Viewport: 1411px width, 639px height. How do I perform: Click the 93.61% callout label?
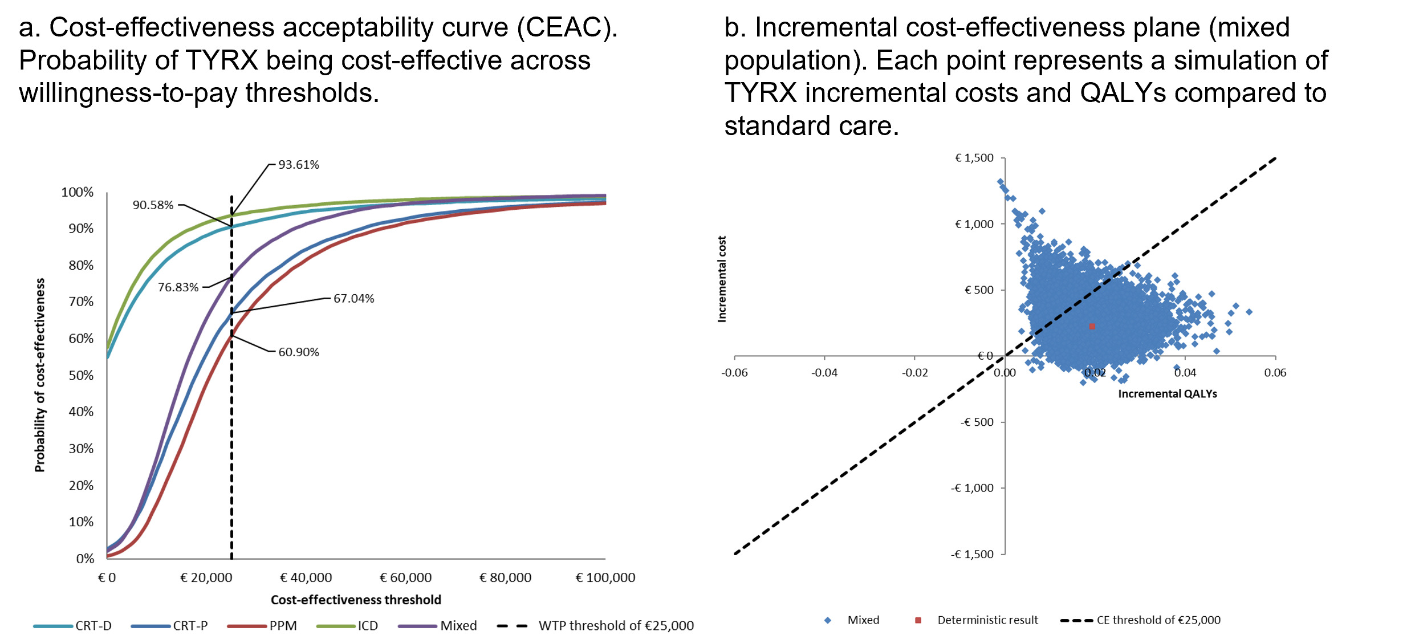(x=298, y=165)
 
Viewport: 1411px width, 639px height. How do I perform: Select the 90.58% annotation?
(x=153, y=205)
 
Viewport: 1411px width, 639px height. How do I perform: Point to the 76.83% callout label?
(x=178, y=287)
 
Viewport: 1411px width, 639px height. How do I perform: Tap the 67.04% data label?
(x=353, y=299)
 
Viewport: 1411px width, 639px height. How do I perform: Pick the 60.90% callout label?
(x=298, y=352)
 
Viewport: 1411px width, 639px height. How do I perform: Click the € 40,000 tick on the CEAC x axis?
(x=306, y=578)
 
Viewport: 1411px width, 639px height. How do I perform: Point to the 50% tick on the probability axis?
(x=81, y=376)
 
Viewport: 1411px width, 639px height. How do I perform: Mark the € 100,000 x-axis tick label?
(x=605, y=578)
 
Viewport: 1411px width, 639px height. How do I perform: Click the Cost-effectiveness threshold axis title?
(x=356, y=600)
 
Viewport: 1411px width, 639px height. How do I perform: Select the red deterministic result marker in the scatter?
(x=1092, y=327)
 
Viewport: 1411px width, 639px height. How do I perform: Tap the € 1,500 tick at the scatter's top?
(x=974, y=158)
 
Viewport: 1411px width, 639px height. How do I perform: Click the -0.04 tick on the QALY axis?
(x=824, y=373)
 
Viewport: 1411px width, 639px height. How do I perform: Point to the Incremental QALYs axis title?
(x=1167, y=394)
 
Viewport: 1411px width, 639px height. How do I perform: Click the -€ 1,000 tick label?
(x=972, y=489)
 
